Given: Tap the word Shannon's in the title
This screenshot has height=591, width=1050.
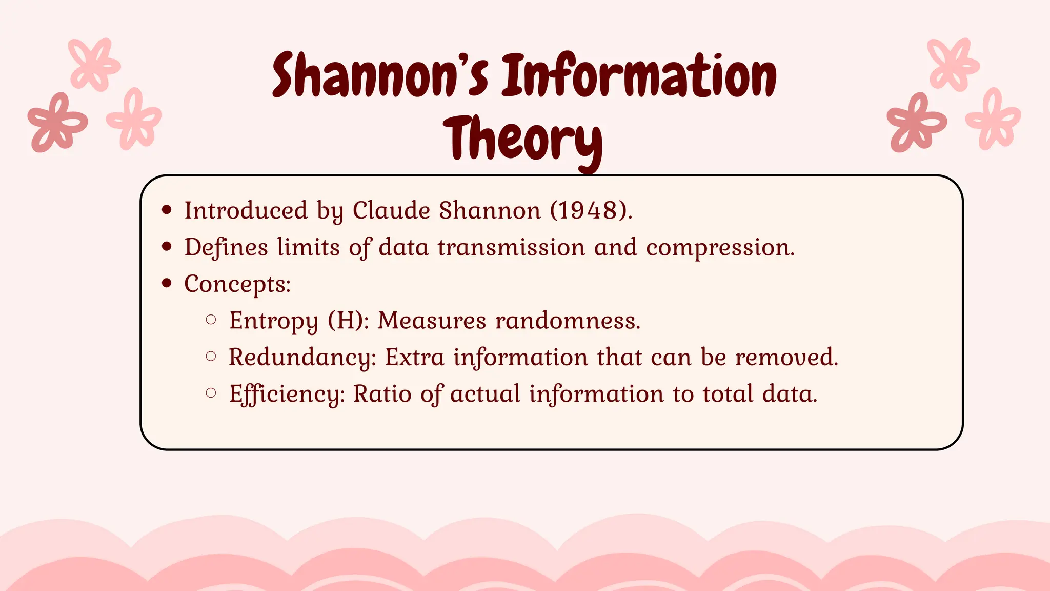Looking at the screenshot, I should pos(380,76).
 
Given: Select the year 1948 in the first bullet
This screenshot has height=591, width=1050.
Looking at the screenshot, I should pos(588,210).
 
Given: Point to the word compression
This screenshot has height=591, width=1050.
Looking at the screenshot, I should pos(720,248).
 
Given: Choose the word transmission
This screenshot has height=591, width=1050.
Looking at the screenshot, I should pos(511,247).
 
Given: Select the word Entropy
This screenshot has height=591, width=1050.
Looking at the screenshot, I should pos(273,321).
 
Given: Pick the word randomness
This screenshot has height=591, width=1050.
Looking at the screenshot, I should pos(568,321).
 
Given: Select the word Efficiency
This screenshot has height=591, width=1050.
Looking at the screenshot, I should pos(287,395).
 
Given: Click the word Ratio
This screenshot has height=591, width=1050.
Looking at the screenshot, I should pos(382,394).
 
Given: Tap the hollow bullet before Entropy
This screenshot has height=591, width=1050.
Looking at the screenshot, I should pos(211,320).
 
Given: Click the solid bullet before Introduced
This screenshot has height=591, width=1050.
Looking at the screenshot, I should pos(166,210).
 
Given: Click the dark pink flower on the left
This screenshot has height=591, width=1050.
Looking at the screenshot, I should pos(57,123).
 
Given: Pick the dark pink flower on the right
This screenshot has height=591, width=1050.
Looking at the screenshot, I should pos(916,123).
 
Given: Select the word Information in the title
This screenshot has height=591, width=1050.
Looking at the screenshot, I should pos(639,76).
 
